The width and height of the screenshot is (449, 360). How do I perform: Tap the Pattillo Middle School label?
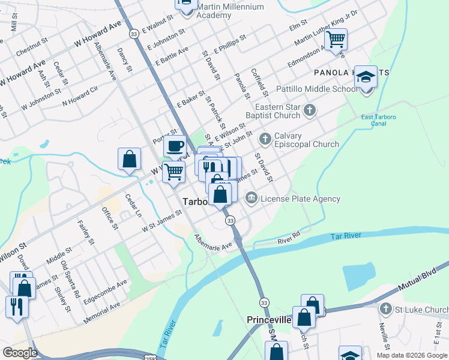pos(316,89)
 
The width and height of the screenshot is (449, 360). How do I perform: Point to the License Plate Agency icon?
pos(251,197)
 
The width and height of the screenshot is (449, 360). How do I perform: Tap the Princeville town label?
pos(269,320)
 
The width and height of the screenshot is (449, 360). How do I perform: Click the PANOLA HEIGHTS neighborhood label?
pos(351,73)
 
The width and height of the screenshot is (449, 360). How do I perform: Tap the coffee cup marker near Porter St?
pos(175,146)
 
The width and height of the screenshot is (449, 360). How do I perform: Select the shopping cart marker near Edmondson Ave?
pos(336,40)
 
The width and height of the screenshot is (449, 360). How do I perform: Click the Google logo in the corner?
pos(20,353)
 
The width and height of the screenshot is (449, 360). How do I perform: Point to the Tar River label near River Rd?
pos(345,235)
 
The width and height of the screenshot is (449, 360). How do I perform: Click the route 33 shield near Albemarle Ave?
pos(231,221)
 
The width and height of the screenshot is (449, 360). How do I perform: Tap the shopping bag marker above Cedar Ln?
pos(129,159)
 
